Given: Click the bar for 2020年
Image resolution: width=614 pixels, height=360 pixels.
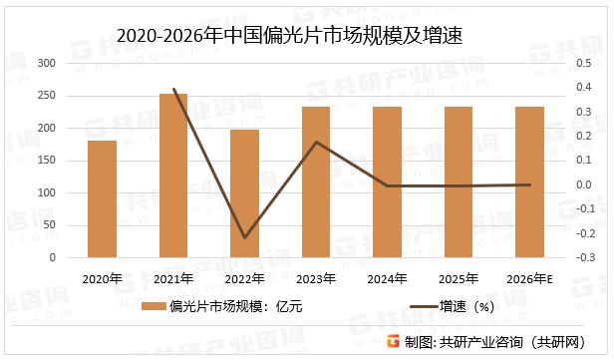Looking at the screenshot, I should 102,199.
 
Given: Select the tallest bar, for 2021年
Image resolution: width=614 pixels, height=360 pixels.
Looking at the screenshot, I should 173,176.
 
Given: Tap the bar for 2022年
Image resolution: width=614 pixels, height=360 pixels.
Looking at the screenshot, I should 244,193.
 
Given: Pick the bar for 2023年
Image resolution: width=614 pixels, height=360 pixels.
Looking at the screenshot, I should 316,181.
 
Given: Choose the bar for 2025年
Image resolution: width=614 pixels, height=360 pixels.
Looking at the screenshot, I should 459,181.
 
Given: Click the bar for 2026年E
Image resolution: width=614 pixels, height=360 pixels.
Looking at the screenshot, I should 529,181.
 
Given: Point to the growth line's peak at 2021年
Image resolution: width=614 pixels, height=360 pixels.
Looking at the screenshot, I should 173,90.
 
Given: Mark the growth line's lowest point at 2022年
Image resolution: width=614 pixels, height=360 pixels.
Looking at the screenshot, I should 244,237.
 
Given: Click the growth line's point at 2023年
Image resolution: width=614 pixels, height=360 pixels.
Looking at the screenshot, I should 316,142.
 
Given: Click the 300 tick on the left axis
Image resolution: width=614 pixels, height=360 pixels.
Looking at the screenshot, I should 46,63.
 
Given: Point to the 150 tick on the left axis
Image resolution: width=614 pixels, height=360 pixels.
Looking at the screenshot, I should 46,161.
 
